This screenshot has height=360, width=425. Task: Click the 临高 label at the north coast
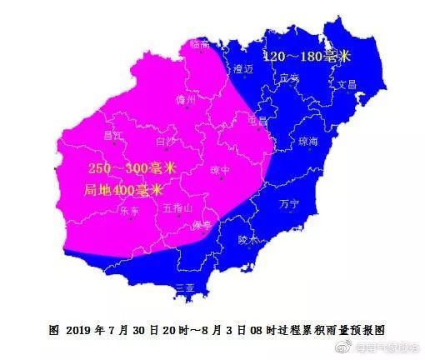(198, 41)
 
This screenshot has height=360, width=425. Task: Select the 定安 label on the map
(289, 77)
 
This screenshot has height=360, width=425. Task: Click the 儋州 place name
(186, 99)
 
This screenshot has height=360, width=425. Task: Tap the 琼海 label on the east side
(308, 142)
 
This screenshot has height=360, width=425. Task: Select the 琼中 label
(220, 169)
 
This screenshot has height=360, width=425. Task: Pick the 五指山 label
(177, 207)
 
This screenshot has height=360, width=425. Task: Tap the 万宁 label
(290, 202)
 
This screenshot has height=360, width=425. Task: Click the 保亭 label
(202, 226)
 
